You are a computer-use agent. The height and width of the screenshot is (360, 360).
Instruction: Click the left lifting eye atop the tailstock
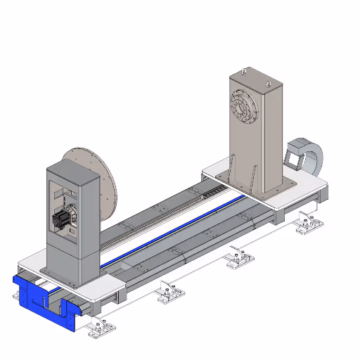tap(243, 71)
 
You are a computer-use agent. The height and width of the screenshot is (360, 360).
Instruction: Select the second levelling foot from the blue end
tap(168, 290)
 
